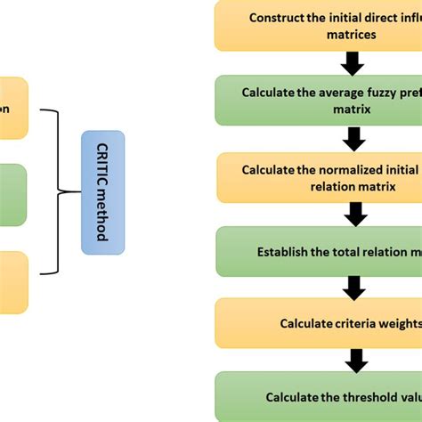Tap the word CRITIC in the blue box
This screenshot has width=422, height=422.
[102, 164]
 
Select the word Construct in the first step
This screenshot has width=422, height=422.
[276, 17]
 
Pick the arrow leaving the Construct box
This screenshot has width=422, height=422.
[353, 62]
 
